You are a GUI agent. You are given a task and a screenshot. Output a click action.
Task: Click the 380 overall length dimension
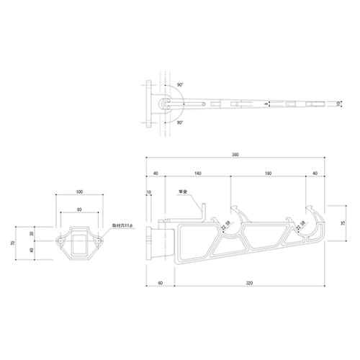point(236,154)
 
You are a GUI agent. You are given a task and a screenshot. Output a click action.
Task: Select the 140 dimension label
point(197,173)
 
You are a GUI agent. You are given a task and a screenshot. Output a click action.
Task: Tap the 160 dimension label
point(268,173)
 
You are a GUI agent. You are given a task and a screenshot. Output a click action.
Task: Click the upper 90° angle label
point(179,85)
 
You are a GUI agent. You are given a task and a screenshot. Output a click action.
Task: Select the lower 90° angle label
point(179,123)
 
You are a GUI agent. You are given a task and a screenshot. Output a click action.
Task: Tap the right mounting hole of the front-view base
point(97,242)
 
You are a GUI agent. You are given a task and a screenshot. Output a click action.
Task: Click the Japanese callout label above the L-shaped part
point(183,192)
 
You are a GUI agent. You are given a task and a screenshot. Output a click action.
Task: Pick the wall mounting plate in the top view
point(149,105)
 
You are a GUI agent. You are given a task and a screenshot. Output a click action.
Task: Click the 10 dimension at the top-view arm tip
point(339,105)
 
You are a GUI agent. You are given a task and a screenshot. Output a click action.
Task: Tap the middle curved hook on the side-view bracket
point(238,216)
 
